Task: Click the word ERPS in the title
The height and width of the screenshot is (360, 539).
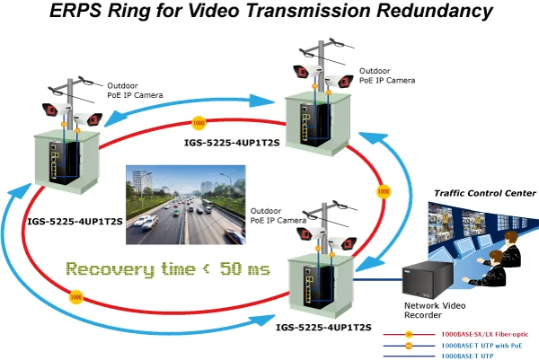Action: point(75,10)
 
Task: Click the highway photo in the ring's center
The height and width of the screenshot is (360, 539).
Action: point(186,205)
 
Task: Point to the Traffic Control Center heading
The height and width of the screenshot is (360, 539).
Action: point(485,193)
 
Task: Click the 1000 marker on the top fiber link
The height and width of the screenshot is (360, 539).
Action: point(199,123)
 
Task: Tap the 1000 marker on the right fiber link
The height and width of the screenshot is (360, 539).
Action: point(384,192)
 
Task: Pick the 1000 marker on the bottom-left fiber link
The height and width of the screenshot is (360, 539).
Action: point(76,297)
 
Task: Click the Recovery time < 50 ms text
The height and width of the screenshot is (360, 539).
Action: point(168,269)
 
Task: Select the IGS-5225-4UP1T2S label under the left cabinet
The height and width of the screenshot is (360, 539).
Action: point(75,222)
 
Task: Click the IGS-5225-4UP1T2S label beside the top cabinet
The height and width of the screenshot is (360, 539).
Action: point(232,143)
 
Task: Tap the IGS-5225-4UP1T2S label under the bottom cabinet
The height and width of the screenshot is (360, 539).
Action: point(323,328)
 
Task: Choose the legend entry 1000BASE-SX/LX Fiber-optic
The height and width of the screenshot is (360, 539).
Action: point(485,334)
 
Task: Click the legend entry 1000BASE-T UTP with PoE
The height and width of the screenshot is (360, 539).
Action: point(482,346)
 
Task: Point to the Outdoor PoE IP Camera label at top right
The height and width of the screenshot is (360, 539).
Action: point(387,75)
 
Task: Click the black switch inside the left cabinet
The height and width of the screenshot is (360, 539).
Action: point(64,162)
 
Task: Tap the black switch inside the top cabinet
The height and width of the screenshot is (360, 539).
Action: point(317,123)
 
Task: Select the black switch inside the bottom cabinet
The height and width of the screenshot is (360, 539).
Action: point(319,287)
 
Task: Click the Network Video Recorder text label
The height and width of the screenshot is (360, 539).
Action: point(435,311)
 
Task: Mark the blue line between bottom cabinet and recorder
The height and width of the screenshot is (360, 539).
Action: point(378,279)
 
